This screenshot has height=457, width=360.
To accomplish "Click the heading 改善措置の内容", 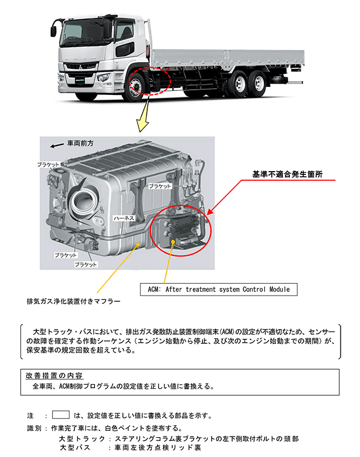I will [x=55, y=376].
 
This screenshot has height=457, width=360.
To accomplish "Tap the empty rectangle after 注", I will [x=60, y=415].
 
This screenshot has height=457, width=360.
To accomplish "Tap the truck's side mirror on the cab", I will [x=53, y=29].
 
